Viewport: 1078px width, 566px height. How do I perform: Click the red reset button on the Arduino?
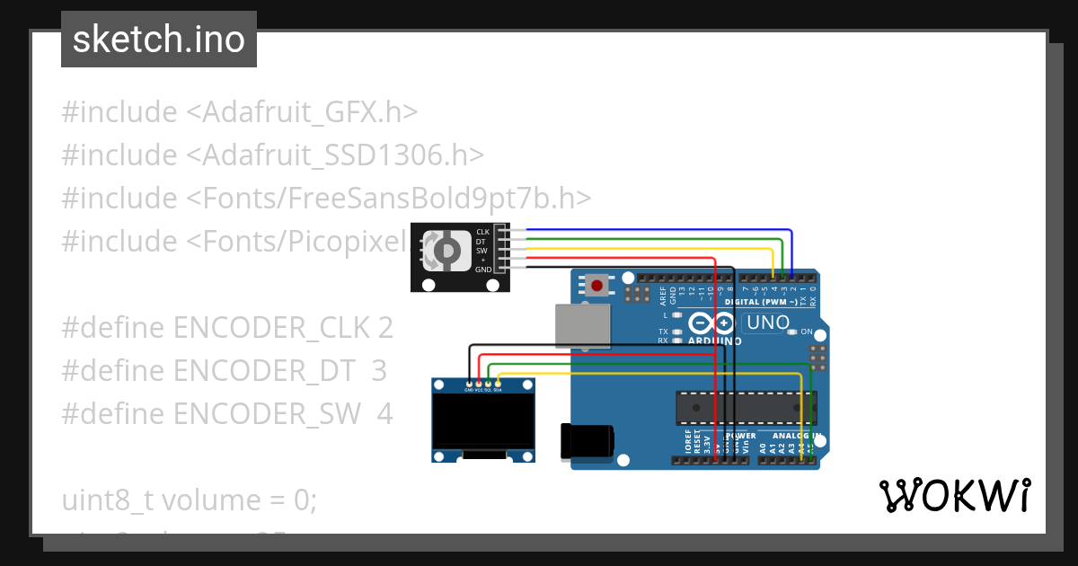coord(597,287)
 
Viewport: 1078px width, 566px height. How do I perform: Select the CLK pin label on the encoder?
coord(482,232)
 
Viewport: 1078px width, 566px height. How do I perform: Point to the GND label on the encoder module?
coord(482,269)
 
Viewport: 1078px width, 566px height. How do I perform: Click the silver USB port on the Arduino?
coord(581,324)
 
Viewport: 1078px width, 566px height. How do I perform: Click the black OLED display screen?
coord(482,420)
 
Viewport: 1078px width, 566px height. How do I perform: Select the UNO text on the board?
coord(768,323)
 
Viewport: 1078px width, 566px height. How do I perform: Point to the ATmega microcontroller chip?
coord(746,407)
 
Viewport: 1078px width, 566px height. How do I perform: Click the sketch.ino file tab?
coord(159,40)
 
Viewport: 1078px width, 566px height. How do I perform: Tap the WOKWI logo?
coord(954,496)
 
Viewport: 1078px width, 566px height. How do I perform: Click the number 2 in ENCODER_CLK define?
coord(384,328)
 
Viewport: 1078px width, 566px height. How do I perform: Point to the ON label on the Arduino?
coord(806,332)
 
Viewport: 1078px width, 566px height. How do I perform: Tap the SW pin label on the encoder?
coord(482,251)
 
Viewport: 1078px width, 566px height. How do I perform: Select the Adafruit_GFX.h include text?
coord(310,112)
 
